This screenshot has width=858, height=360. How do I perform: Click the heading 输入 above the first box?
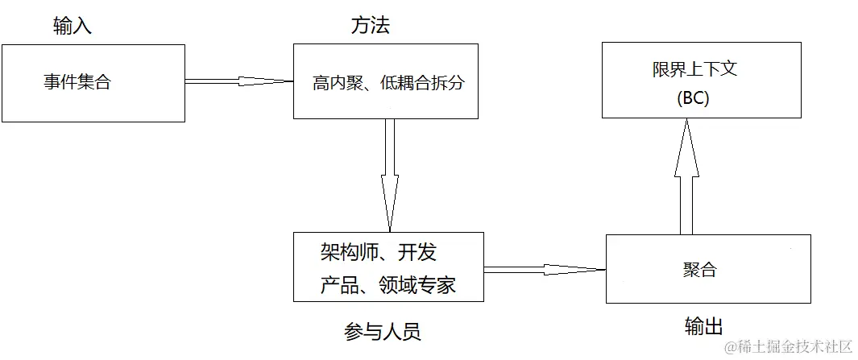click(73, 27)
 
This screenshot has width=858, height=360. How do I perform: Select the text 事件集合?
click(77, 82)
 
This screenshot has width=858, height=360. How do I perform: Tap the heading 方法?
click(371, 26)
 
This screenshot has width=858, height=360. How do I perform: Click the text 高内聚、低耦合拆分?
click(388, 83)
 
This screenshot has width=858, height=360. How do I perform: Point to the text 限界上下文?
click(694, 69)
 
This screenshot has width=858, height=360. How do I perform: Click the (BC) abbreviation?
click(694, 99)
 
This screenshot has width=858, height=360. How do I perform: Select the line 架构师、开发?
click(378, 254)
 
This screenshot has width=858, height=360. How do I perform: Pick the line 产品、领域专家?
click(388, 285)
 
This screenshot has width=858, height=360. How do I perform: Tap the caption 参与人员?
click(383, 332)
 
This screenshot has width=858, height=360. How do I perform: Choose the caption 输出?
click(703, 326)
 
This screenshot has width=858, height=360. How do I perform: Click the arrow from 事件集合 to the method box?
click(238, 81)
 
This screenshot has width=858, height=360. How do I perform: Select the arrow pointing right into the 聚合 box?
click(545, 269)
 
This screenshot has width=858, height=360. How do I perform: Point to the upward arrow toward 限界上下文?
click(686, 177)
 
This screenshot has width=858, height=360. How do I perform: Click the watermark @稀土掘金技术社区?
click(788, 347)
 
